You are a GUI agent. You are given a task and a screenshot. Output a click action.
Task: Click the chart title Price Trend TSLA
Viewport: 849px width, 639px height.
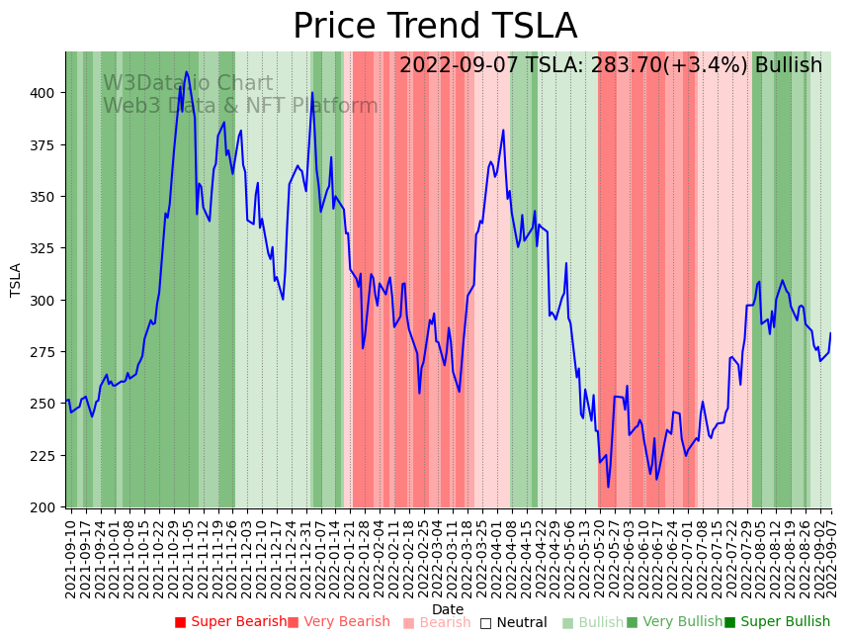click(x=435, y=26)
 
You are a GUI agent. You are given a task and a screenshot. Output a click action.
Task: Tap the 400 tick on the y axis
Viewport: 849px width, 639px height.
click(x=46, y=93)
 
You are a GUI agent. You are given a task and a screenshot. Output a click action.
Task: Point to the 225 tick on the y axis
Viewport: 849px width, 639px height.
click(x=46, y=456)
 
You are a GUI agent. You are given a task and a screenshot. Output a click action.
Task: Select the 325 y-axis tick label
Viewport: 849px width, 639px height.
click(x=46, y=248)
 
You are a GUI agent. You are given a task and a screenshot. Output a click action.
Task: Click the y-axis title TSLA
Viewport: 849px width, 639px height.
click(x=16, y=280)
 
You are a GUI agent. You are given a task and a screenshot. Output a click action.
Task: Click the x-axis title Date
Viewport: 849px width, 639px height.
click(x=448, y=609)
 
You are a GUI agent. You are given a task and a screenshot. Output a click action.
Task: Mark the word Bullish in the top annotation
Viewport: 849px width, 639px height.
click(x=788, y=66)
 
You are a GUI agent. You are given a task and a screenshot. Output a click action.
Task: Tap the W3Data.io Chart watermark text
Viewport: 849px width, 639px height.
click(x=188, y=84)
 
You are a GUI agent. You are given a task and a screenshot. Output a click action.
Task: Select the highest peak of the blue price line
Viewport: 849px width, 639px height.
click(x=187, y=72)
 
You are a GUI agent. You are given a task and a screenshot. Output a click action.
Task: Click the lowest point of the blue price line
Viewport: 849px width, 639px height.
click(x=609, y=487)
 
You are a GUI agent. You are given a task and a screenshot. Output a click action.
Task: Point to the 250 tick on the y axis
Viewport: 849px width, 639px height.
click(x=46, y=404)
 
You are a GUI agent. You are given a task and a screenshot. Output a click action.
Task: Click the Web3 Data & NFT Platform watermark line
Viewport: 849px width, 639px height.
click(x=240, y=107)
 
